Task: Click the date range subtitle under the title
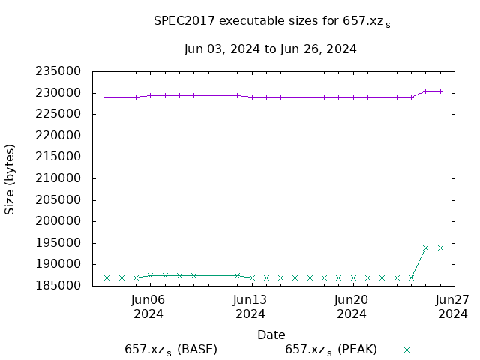pyautogui.click(x=270, y=49)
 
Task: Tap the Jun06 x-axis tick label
pyautogui.click(x=148, y=306)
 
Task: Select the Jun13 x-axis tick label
pyautogui.click(x=250, y=306)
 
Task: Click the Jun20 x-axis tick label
pyautogui.click(x=351, y=306)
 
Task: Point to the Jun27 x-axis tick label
pyautogui.click(x=452, y=306)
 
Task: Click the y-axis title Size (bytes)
pyautogui.click(x=10, y=178)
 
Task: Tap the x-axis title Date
pyautogui.click(x=271, y=334)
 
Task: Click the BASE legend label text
pyautogui.click(x=171, y=349)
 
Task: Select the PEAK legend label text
pyautogui.click(x=331, y=349)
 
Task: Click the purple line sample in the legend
pyautogui.click(x=247, y=349)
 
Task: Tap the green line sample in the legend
pyautogui.click(x=406, y=349)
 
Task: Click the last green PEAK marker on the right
pyautogui.click(x=440, y=247)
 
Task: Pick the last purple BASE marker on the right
pyautogui.click(x=440, y=91)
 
